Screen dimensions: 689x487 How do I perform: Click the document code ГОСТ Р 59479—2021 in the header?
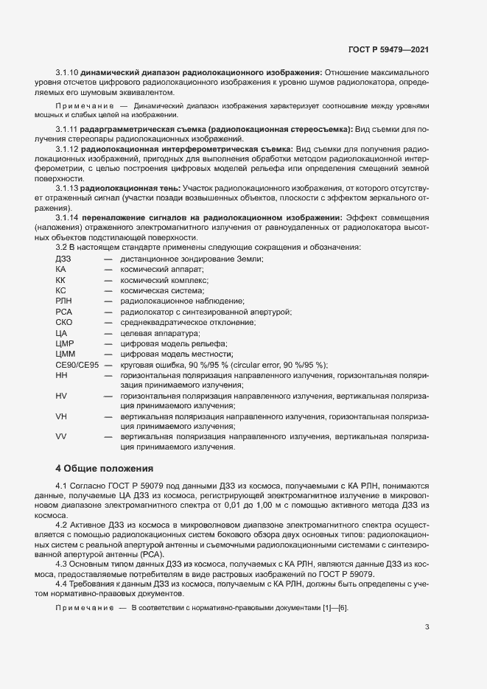pos(388,49)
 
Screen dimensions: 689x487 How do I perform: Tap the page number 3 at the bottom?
pos(427,627)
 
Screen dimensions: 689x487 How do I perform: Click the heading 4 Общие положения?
pos(105,467)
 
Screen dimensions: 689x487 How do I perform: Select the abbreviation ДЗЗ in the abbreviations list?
pos(63,259)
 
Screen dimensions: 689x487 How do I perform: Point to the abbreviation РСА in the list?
pos(63,312)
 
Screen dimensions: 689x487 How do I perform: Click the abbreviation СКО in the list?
pos(64,322)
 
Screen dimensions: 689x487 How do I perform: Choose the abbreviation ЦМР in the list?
pos(65,343)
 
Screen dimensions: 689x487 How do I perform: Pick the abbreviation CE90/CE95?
pos(77,365)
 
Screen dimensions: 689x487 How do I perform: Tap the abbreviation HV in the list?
pos(61,396)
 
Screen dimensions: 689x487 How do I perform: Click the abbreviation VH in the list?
pos(61,416)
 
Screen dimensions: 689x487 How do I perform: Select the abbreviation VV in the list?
pos(61,436)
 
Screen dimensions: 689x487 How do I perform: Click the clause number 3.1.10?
pos(67,72)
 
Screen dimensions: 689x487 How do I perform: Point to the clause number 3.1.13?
pos(66,188)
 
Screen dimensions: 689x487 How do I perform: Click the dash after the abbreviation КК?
pos(108,280)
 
